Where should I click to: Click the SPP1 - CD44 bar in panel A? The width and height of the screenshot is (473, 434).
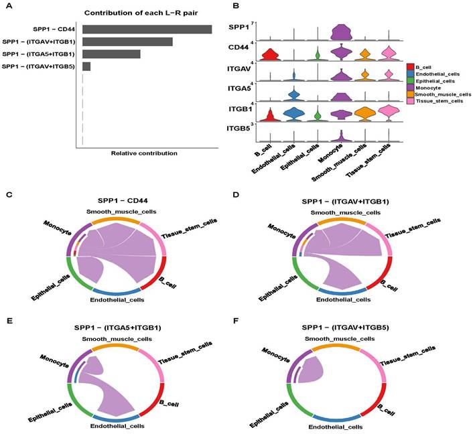147,29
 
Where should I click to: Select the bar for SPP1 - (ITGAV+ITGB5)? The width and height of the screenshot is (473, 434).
86,66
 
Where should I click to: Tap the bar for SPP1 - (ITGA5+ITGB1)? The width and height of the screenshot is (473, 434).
111,54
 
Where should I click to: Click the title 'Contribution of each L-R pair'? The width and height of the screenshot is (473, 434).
141,13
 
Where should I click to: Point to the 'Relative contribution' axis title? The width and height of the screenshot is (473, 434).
144,153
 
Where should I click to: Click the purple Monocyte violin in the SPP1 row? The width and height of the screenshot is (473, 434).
341,32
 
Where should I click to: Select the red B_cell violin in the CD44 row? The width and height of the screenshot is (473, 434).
270,55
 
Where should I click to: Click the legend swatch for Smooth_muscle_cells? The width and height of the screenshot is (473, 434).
410,94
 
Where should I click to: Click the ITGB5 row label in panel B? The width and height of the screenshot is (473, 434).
239,129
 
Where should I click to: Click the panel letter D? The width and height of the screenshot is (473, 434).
236,194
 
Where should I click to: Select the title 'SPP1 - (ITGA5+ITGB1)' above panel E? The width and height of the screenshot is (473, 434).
118,328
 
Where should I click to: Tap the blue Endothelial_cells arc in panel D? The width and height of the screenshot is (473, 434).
342,292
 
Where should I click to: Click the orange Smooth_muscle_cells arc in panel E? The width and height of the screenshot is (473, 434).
115,348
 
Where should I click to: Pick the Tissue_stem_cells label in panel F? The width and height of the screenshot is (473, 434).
407,356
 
